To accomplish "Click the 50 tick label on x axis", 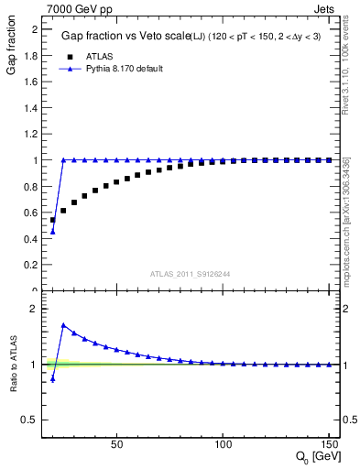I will pyautogui.click(x=116, y=445).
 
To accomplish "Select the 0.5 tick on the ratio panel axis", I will pyautogui.click(x=31, y=420).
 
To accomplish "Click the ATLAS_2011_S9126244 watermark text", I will pyautogui.click(x=191, y=273).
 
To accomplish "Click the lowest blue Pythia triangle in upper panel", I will pyautogui.click(x=52, y=231).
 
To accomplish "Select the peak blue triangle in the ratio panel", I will pyautogui.click(x=63, y=325).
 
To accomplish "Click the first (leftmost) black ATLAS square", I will pyautogui.click(x=52, y=220).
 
